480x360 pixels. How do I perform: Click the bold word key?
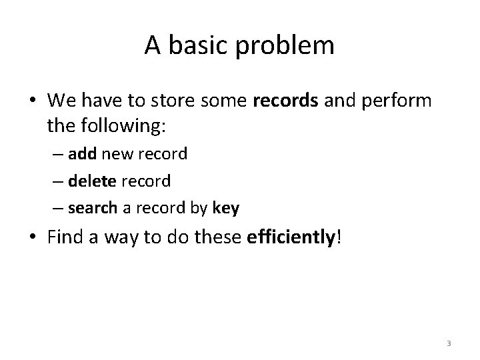(226, 209)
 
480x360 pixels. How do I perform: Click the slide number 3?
(449, 344)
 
